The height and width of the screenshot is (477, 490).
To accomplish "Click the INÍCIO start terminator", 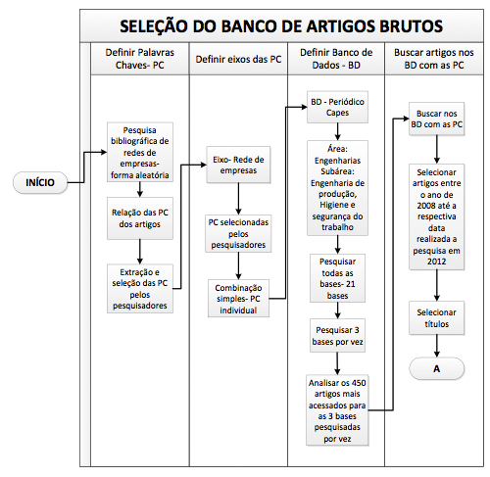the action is (x=40, y=182).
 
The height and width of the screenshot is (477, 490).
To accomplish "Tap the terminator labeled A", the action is (x=436, y=368).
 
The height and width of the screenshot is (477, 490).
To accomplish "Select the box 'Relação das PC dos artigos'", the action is (x=140, y=218).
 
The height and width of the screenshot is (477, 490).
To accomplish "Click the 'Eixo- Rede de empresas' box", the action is (x=238, y=165).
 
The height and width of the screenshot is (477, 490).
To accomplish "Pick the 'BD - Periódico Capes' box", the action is (x=337, y=107).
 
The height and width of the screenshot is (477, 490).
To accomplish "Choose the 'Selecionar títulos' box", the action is (x=436, y=318).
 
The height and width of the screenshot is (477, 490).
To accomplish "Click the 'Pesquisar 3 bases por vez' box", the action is (x=337, y=336).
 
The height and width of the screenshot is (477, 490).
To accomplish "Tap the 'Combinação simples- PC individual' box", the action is (x=238, y=299).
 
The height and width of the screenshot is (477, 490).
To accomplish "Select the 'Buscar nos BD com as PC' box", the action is (x=436, y=119).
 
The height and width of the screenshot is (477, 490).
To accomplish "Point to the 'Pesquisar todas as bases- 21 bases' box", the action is (x=337, y=278).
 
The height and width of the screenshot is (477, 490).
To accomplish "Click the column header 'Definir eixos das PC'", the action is (x=238, y=59).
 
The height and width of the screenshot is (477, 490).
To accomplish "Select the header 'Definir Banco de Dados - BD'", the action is (x=336, y=59).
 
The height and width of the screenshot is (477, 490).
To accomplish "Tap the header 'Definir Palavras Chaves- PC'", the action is (x=140, y=59).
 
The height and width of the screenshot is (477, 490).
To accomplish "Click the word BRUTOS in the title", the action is (x=411, y=26).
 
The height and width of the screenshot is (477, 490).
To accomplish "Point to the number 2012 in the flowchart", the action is (x=436, y=262).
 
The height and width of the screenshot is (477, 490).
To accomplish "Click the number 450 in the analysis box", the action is (x=359, y=383).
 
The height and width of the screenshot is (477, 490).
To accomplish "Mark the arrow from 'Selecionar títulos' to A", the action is (x=437, y=346).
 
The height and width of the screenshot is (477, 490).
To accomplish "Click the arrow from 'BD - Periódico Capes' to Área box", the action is (x=337, y=131).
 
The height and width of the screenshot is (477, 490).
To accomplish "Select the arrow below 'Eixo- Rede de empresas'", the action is (x=238, y=199).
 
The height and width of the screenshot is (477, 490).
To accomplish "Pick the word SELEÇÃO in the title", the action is (x=154, y=25).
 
